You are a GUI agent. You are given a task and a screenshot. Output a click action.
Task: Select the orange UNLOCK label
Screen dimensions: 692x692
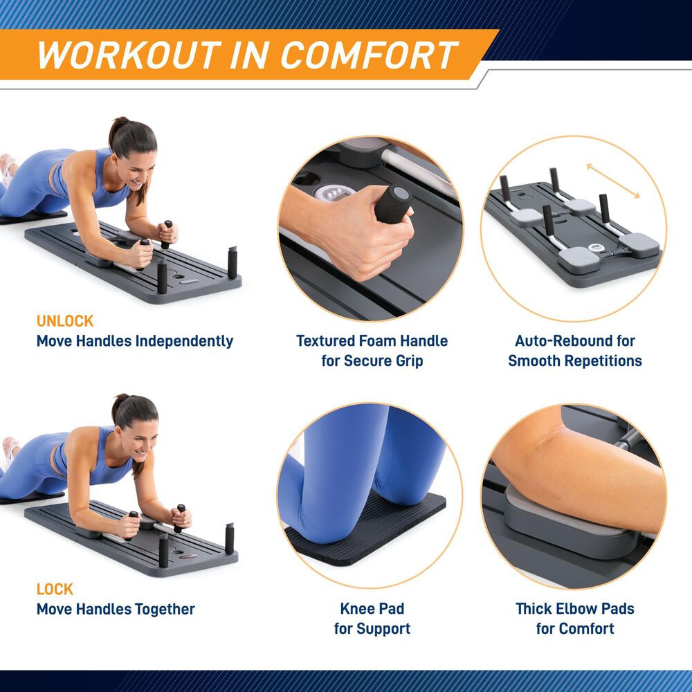coord(64,321)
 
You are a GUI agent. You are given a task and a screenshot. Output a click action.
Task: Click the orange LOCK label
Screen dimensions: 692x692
coord(55,590)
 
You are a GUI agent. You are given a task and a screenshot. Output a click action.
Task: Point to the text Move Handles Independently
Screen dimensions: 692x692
coord(135,341)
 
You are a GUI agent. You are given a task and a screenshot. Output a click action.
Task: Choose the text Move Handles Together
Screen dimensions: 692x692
coord(116,610)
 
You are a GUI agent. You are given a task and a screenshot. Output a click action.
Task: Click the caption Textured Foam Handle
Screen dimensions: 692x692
coord(372,341)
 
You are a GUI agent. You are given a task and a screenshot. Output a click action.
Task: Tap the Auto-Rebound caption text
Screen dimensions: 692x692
coord(574,341)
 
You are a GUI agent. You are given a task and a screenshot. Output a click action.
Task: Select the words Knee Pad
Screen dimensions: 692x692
coord(372,610)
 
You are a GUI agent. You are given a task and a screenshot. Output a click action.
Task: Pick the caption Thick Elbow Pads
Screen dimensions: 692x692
coord(574,610)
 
